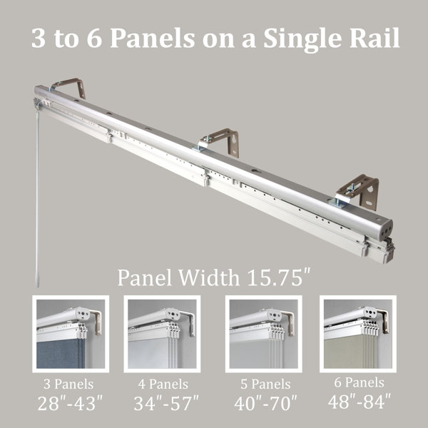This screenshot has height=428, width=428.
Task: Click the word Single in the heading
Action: pos(302,39)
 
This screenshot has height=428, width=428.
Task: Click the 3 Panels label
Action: pos(68,384)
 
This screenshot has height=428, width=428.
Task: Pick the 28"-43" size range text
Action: pos(70,403)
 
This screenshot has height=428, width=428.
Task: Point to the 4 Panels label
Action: pos(163,384)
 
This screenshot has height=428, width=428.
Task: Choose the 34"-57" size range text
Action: pos(166,403)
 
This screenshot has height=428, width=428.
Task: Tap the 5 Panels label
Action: pos(265,384)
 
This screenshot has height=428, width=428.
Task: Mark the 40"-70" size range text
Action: pos(265,403)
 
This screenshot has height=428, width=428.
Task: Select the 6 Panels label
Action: pos(360,382)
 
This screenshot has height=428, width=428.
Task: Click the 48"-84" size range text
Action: pos(360,401)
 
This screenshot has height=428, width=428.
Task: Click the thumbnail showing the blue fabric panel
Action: pos(71,334)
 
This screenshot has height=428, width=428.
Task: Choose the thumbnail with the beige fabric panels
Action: pos(358,334)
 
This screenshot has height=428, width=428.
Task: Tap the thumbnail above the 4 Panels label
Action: pos(162,334)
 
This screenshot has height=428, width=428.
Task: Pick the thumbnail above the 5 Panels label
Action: pos(264,334)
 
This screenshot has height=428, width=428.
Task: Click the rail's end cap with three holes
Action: pos(384,230)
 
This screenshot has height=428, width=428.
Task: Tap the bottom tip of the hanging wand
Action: pos(37,287)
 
